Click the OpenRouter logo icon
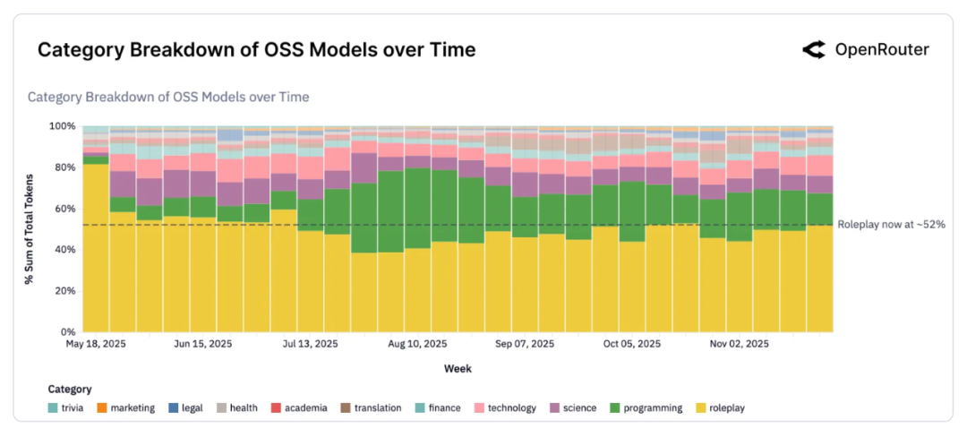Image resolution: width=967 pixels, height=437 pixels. coord(813,50)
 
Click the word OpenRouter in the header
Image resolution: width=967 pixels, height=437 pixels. coord(881,50)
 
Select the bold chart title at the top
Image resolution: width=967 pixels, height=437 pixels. coord(256,50)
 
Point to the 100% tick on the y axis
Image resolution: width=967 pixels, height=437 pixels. coord(61,126)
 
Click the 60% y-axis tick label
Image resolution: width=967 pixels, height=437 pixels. coord(64,209)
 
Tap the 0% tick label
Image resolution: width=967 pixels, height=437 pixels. coord(66,332)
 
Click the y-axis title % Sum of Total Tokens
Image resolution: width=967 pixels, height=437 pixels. coord(30,229)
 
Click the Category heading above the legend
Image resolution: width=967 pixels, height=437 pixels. coord(70,390)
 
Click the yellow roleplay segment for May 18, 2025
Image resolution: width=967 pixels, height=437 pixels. coord(96,251)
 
